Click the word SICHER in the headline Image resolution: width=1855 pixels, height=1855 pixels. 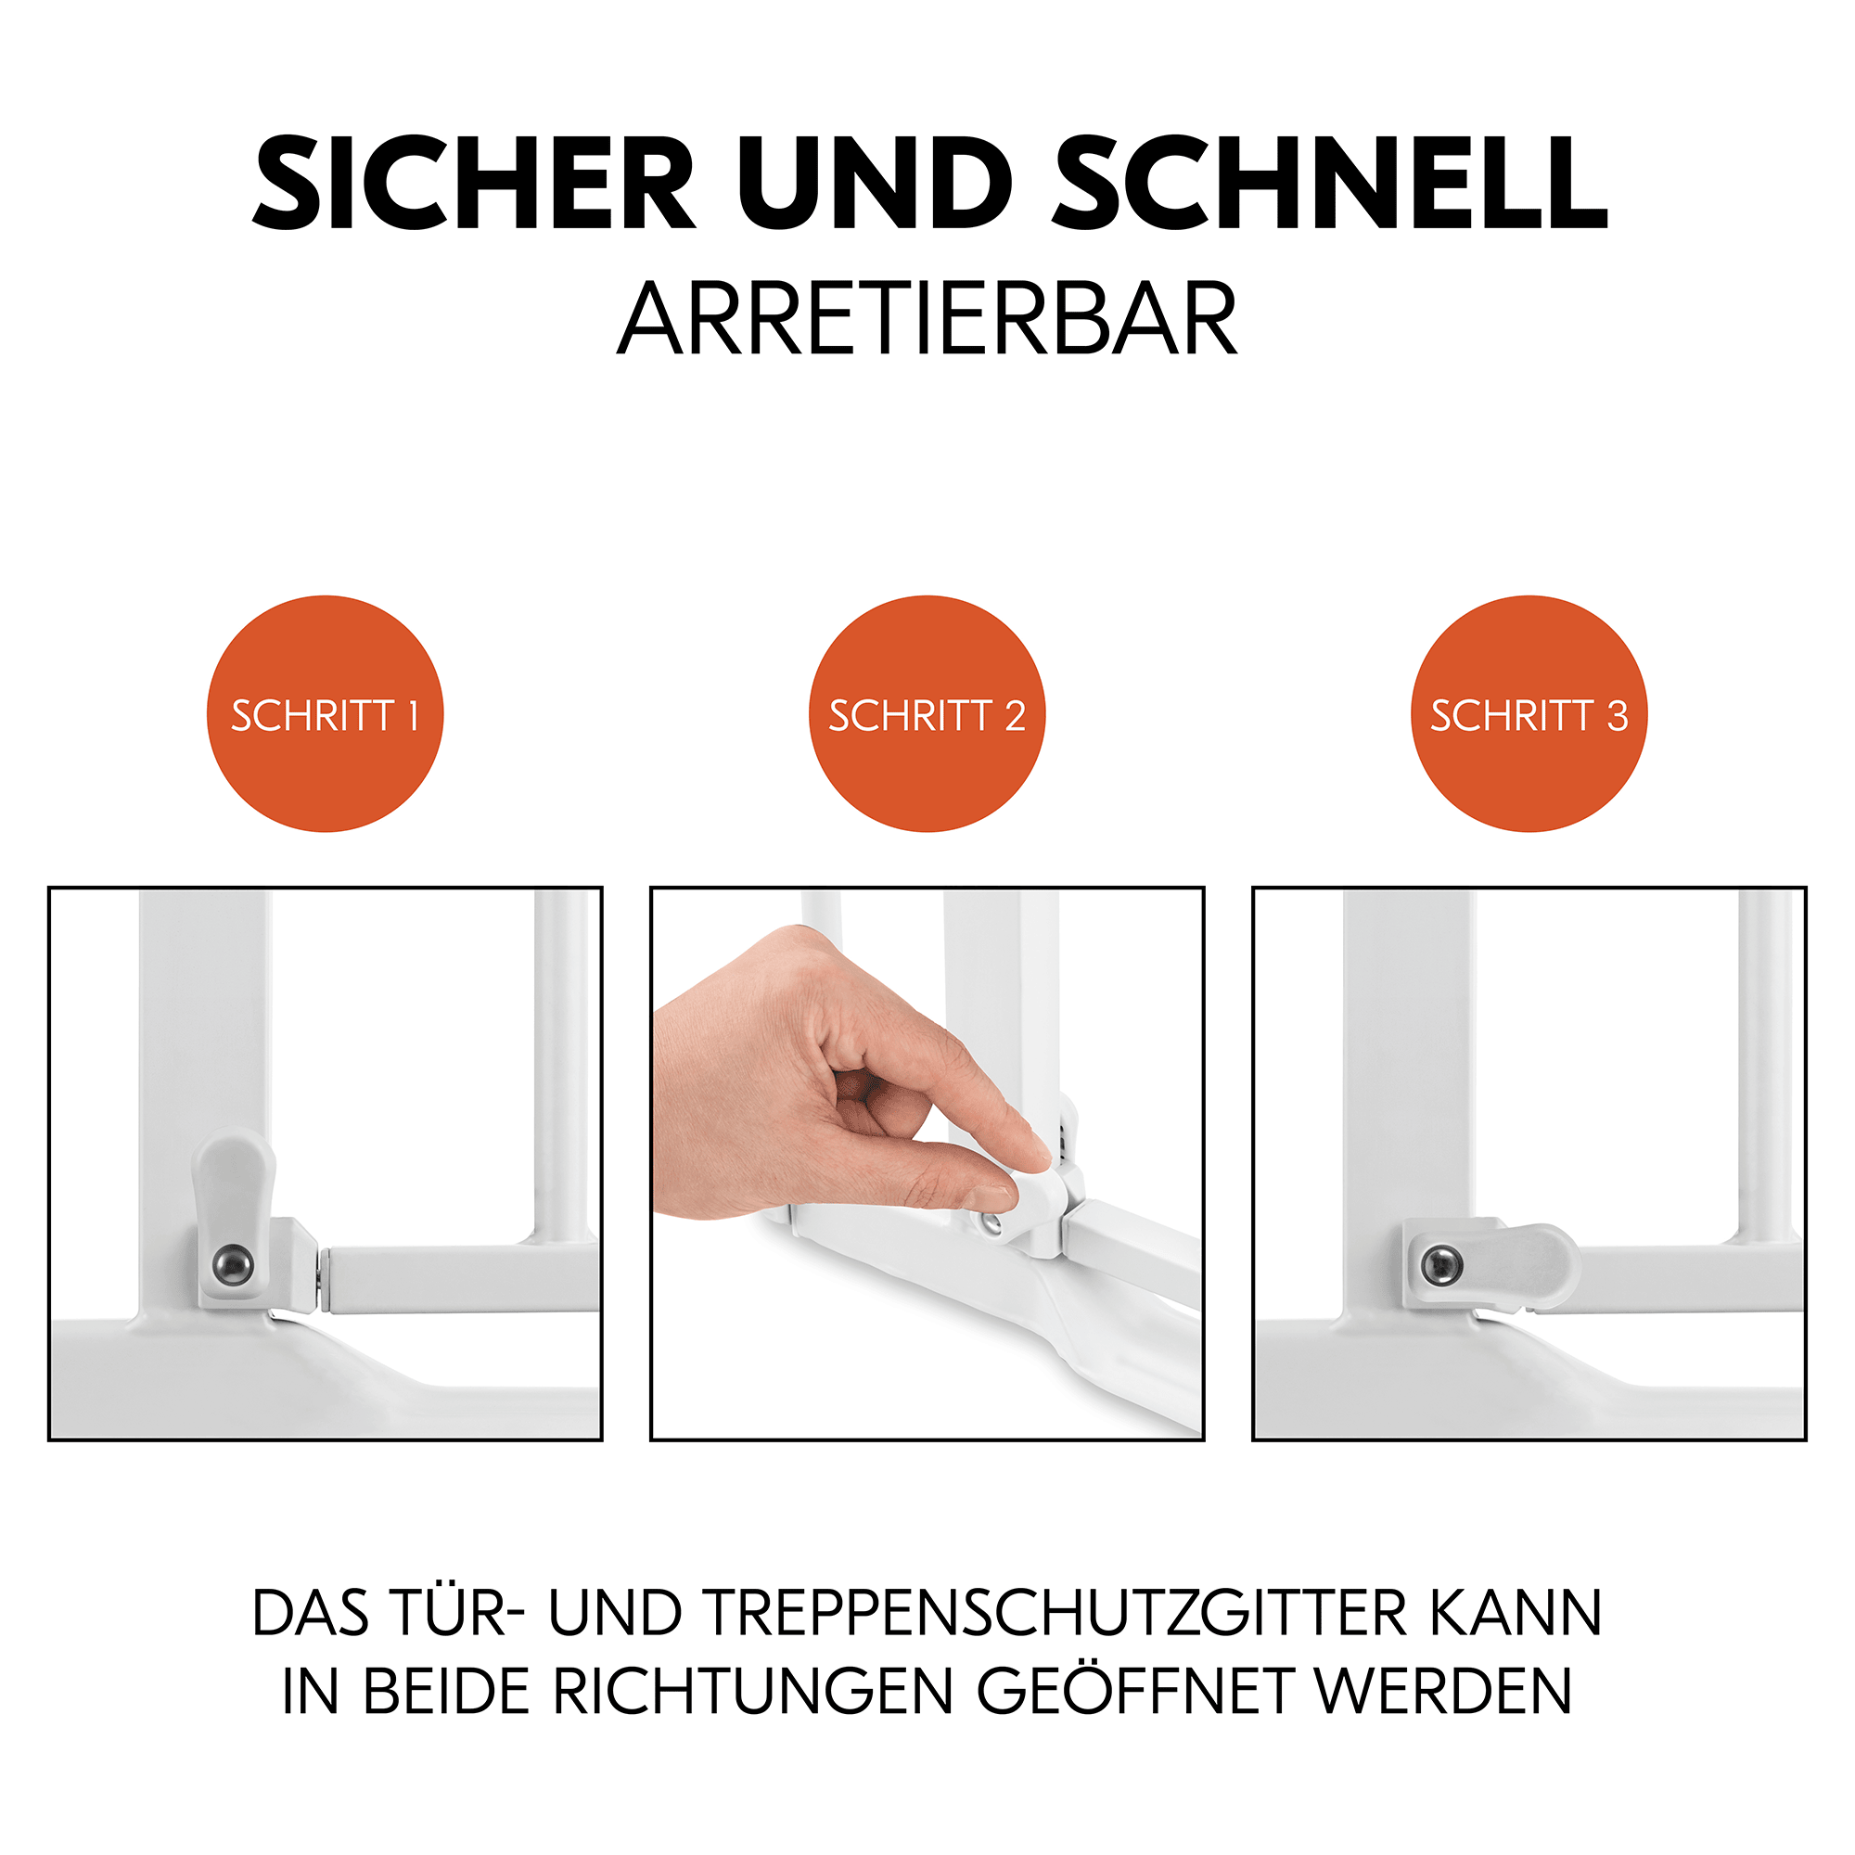pyautogui.click(x=473, y=184)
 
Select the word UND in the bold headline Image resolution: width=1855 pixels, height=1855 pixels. pyautogui.click(x=875, y=184)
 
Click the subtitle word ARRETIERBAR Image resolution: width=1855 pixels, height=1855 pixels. pyautogui.click(x=927, y=320)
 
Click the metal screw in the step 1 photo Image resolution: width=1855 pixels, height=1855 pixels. pyautogui.click(x=234, y=1264)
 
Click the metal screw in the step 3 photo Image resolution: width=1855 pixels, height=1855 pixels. pyautogui.click(x=1441, y=1264)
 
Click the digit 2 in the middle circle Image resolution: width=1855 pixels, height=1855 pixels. pyautogui.click(x=1015, y=716)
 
